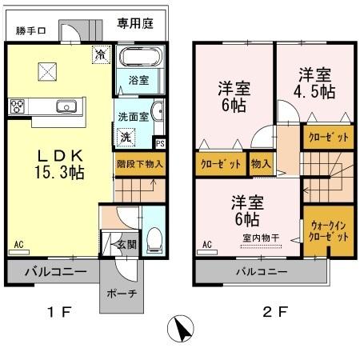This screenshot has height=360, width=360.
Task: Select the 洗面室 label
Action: click(133, 114)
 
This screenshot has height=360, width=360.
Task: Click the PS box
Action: click(160, 144)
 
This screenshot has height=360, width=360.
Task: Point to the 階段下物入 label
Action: click(139, 163)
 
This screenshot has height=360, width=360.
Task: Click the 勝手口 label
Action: click(31, 32)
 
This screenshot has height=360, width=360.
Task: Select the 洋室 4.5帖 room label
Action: click(316, 82)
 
